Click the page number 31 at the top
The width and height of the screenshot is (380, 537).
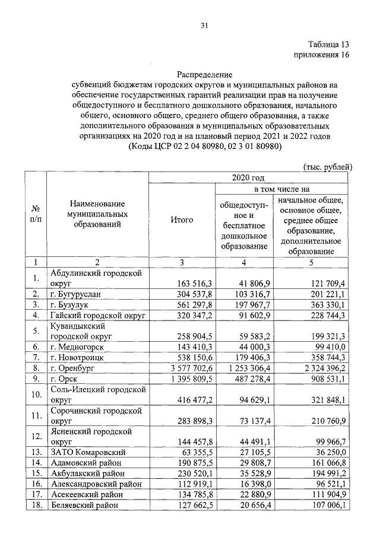tap(205, 26)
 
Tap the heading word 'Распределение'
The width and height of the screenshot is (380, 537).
tap(205, 75)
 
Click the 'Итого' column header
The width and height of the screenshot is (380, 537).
tap(181, 220)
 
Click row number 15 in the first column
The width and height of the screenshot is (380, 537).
tap(35, 473)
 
